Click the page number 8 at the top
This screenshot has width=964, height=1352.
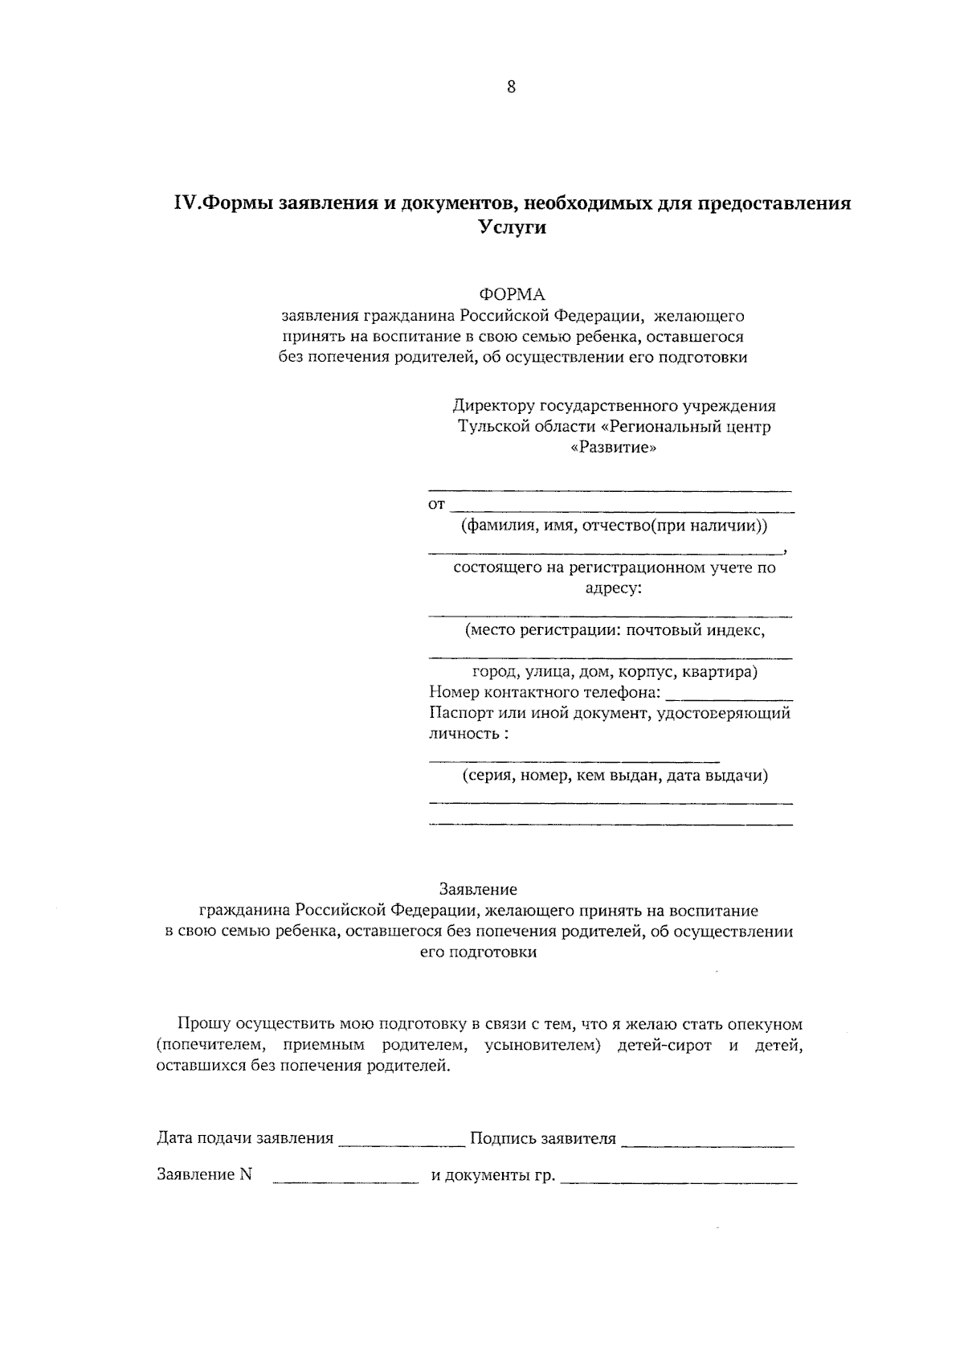(x=511, y=88)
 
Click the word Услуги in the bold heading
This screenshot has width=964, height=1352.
(x=513, y=227)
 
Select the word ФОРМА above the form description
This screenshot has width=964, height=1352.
(x=512, y=294)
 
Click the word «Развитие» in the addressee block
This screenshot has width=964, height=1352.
(x=613, y=448)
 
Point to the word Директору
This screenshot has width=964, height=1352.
(x=492, y=406)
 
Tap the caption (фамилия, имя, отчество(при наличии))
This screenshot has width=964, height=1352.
(x=614, y=526)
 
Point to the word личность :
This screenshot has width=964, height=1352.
(x=468, y=734)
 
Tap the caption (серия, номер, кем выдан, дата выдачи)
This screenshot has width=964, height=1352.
(x=615, y=776)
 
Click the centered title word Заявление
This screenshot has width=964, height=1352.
(x=478, y=890)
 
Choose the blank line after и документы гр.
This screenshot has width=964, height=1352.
(x=679, y=1178)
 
